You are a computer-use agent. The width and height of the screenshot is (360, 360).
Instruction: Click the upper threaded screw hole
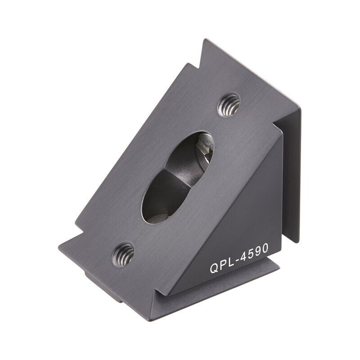click(229, 105)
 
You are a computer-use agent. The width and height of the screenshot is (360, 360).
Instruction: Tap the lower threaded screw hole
click(123, 255)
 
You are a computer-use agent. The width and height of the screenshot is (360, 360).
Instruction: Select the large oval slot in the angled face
click(177, 177)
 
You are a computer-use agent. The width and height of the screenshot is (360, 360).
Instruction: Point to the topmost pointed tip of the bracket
click(205, 40)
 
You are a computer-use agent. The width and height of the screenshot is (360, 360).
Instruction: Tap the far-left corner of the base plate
click(59, 247)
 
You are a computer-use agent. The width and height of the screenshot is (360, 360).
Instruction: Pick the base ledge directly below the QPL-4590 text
click(225, 288)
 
